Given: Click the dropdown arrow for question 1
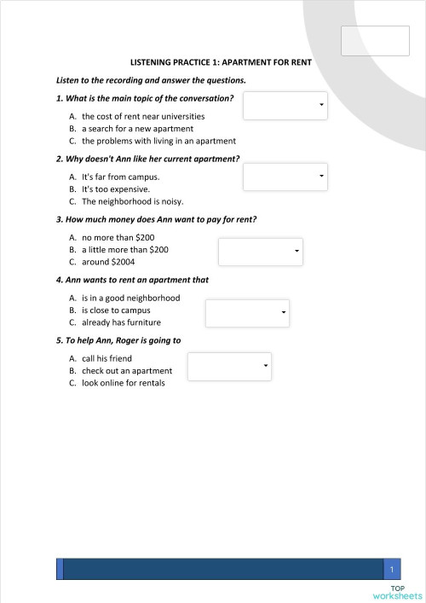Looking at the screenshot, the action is tap(321, 105).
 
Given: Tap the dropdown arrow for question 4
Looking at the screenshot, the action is tap(284, 314).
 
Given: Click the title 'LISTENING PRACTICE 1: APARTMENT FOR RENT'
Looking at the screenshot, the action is tap(221, 62).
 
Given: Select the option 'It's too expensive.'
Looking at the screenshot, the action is tap(115, 189).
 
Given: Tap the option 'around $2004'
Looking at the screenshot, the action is tap(108, 262).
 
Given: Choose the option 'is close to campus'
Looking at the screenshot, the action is tap(116, 310).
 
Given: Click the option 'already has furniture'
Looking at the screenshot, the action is tap(121, 323).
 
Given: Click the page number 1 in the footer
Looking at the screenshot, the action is tap(391, 569).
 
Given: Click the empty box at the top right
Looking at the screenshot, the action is tap(375, 40).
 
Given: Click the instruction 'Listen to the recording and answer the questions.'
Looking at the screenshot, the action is tap(151, 80).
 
